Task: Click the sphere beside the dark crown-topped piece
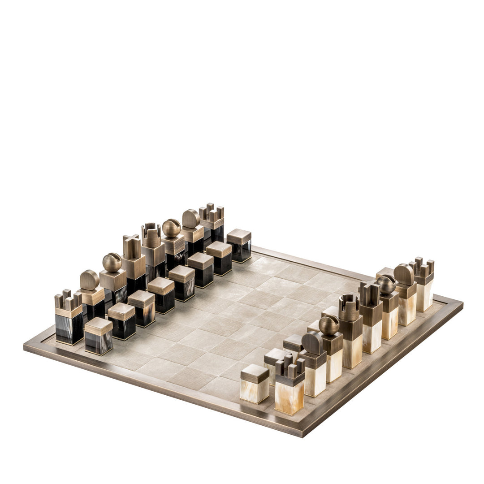(171, 228)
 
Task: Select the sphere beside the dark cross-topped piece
(112, 263)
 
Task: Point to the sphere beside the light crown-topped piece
(329, 325)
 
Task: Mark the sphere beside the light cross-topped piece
(386, 284)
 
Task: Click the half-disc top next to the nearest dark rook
(90, 280)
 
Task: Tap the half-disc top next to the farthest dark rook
(191, 219)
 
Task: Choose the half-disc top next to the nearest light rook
(311, 342)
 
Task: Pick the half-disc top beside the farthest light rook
(404, 274)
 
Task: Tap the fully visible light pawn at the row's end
(255, 383)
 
